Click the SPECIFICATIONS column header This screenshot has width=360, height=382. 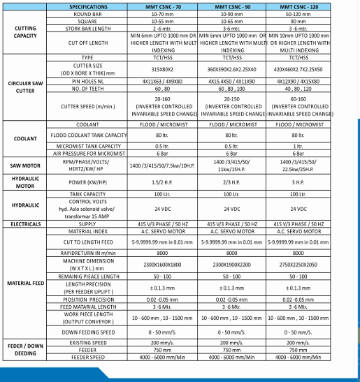(x=88, y=6)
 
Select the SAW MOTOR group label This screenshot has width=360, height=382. (x=25, y=164)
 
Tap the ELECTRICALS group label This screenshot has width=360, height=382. (x=25, y=223)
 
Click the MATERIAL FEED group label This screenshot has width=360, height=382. (x=25, y=283)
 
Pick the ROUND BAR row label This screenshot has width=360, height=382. (x=88, y=13)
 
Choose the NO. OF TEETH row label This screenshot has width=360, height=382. (x=88, y=89)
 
